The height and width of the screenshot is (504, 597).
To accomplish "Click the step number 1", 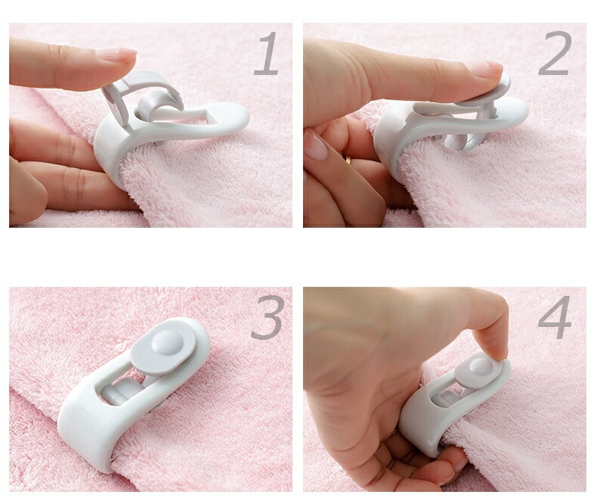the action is tap(268, 53).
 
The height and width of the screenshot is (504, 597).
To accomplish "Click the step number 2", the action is tap(555, 53).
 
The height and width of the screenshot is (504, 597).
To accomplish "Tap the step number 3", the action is tap(268, 318).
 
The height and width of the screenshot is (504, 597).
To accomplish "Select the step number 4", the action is tap(555, 317).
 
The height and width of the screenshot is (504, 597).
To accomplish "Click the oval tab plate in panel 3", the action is tap(163, 345).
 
